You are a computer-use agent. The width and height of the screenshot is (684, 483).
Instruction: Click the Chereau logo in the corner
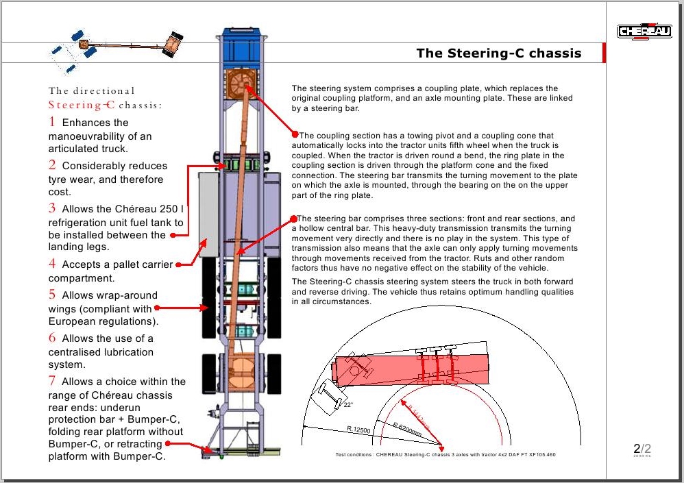pos(644,31)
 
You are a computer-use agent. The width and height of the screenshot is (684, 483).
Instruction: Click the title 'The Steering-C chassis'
pos(498,53)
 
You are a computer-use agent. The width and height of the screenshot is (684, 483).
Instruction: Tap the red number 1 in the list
pos(52,122)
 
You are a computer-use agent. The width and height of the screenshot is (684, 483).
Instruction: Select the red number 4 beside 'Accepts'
pos(52,264)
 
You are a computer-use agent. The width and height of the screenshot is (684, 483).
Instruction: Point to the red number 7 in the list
pos(52,381)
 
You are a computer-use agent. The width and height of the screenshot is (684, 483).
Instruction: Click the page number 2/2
pos(642,449)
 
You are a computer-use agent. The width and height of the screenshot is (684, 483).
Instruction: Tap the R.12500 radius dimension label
pos(358,430)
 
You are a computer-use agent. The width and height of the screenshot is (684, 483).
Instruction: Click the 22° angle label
pos(348,405)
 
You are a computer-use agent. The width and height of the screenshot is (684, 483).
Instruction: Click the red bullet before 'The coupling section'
pos(295,134)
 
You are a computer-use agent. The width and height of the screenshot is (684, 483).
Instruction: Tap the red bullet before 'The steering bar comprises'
pos(295,218)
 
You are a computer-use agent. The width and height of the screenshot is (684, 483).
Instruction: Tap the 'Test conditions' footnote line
pos(445,454)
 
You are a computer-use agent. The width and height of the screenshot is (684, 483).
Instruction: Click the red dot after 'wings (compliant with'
pos(157,308)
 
